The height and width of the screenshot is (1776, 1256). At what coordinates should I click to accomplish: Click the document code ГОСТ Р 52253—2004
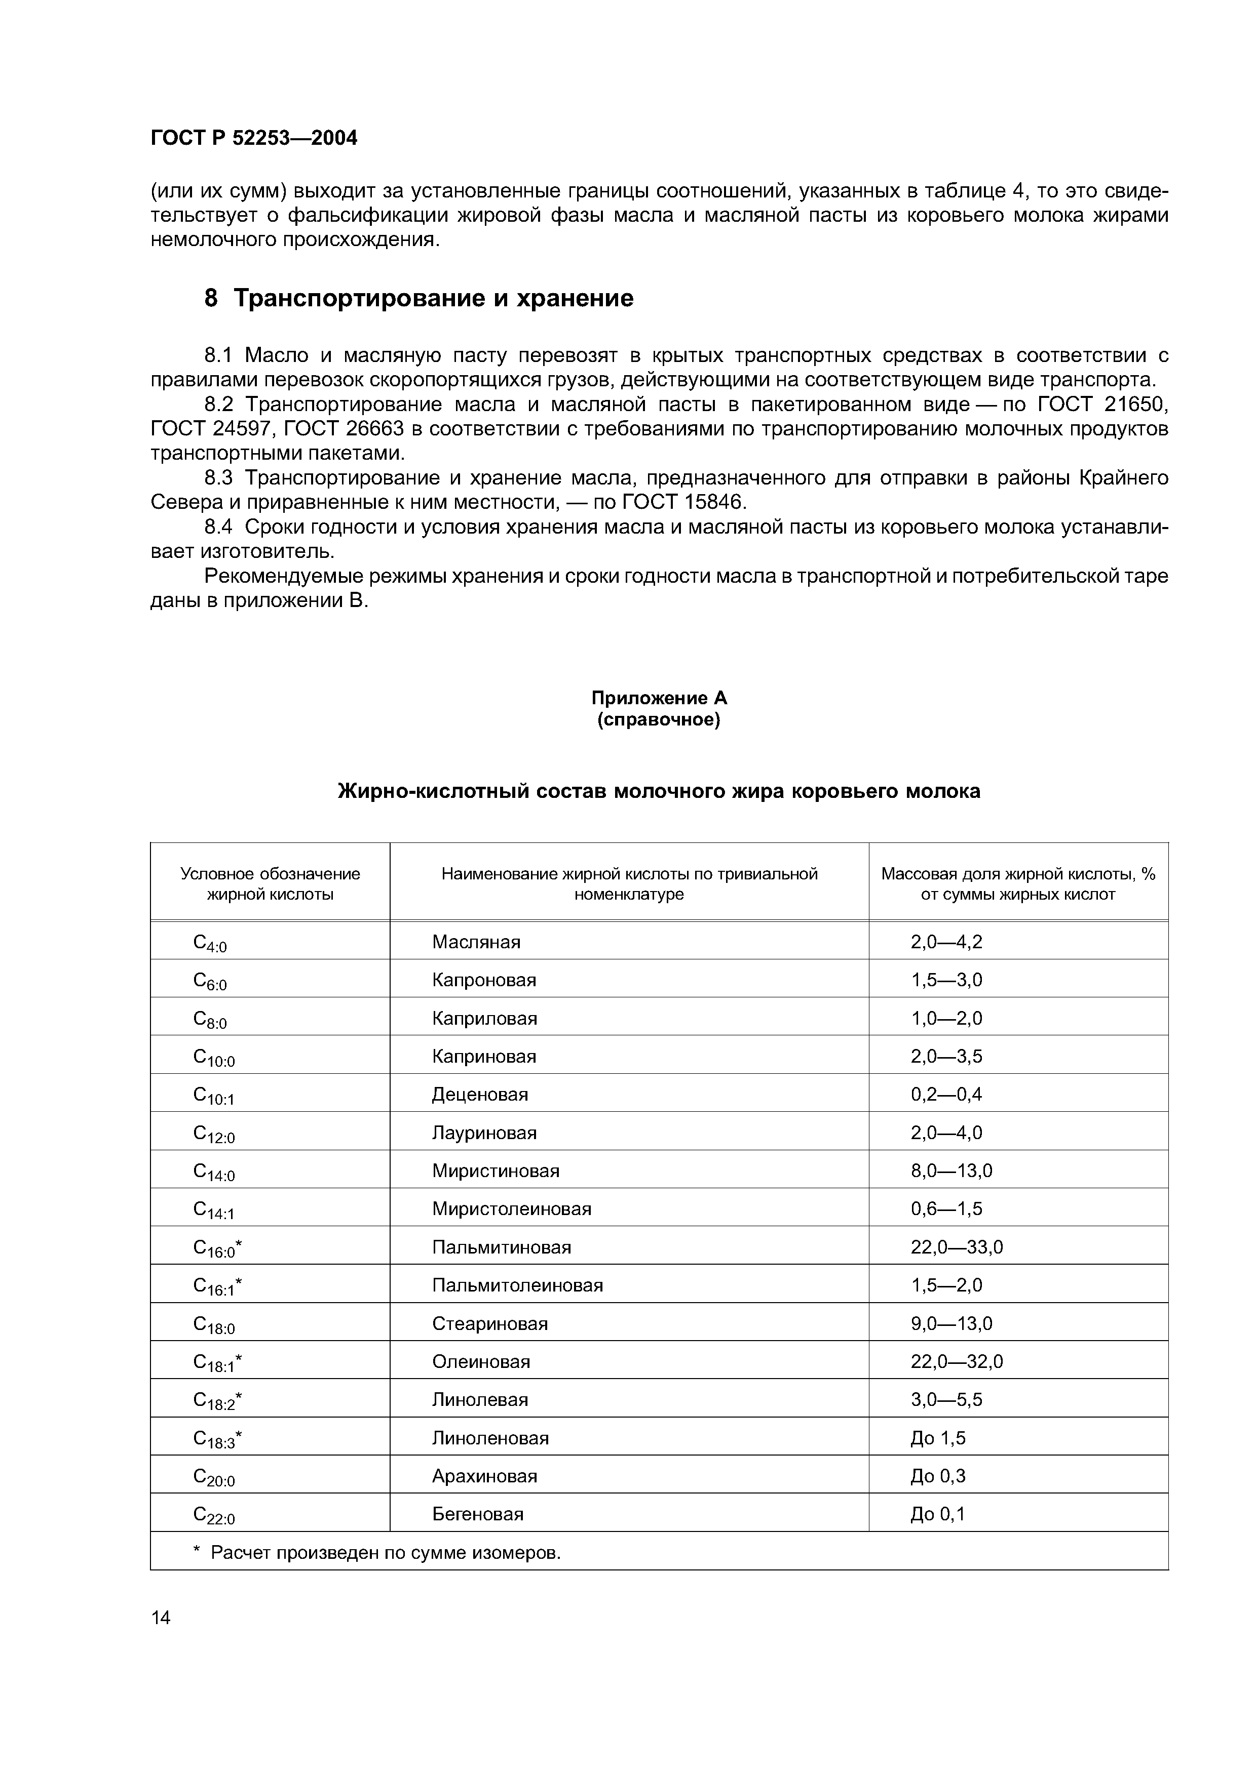pos(254,138)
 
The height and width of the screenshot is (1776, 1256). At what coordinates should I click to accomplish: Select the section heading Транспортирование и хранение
pos(433,298)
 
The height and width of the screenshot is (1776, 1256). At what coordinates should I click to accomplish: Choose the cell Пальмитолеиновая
pos(517,1285)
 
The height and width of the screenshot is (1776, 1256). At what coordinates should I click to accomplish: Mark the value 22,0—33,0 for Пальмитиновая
pos(957,1247)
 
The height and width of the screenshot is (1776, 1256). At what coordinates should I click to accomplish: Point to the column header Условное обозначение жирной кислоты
pos(270,883)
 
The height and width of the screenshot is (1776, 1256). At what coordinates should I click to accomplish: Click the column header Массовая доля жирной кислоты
pos(1018,883)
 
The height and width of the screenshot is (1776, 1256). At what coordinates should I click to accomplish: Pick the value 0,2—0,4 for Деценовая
pos(946,1095)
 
